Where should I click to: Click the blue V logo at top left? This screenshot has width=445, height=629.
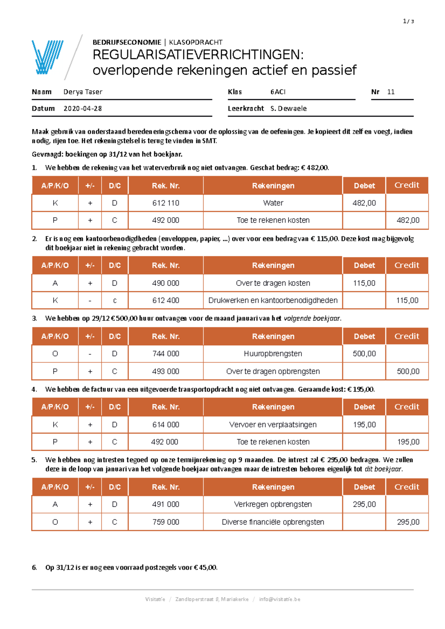[47, 57]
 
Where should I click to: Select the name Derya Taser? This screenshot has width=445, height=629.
[83, 92]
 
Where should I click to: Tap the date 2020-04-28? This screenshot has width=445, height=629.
[82, 109]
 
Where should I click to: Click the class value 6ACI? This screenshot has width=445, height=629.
[278, 92]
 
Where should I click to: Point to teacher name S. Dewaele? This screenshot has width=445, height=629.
[289, 109]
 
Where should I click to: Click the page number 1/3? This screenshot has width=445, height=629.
[408, 21]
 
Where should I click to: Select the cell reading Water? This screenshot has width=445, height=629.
[273, 203]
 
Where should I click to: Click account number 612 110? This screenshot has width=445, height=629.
[165, 203]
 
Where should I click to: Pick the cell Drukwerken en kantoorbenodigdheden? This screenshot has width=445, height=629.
[273, 300]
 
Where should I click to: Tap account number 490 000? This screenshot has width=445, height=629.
[165, 283]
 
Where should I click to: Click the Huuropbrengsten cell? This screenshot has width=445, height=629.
[273, 354]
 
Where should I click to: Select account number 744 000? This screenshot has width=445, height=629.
[165, 354]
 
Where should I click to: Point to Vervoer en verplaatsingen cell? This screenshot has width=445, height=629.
[273, 425]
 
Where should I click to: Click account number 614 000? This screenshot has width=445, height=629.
[165, 425]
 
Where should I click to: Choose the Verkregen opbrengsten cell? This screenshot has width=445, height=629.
[273, 504]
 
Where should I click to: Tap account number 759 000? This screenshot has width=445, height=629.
[165, 522]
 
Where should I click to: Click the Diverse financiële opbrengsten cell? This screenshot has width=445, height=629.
[273, 522]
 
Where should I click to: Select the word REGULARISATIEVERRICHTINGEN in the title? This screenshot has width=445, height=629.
[198, 55]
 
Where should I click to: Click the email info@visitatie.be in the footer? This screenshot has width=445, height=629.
[280, 599]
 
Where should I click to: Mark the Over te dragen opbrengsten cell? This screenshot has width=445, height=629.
[273, 371]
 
